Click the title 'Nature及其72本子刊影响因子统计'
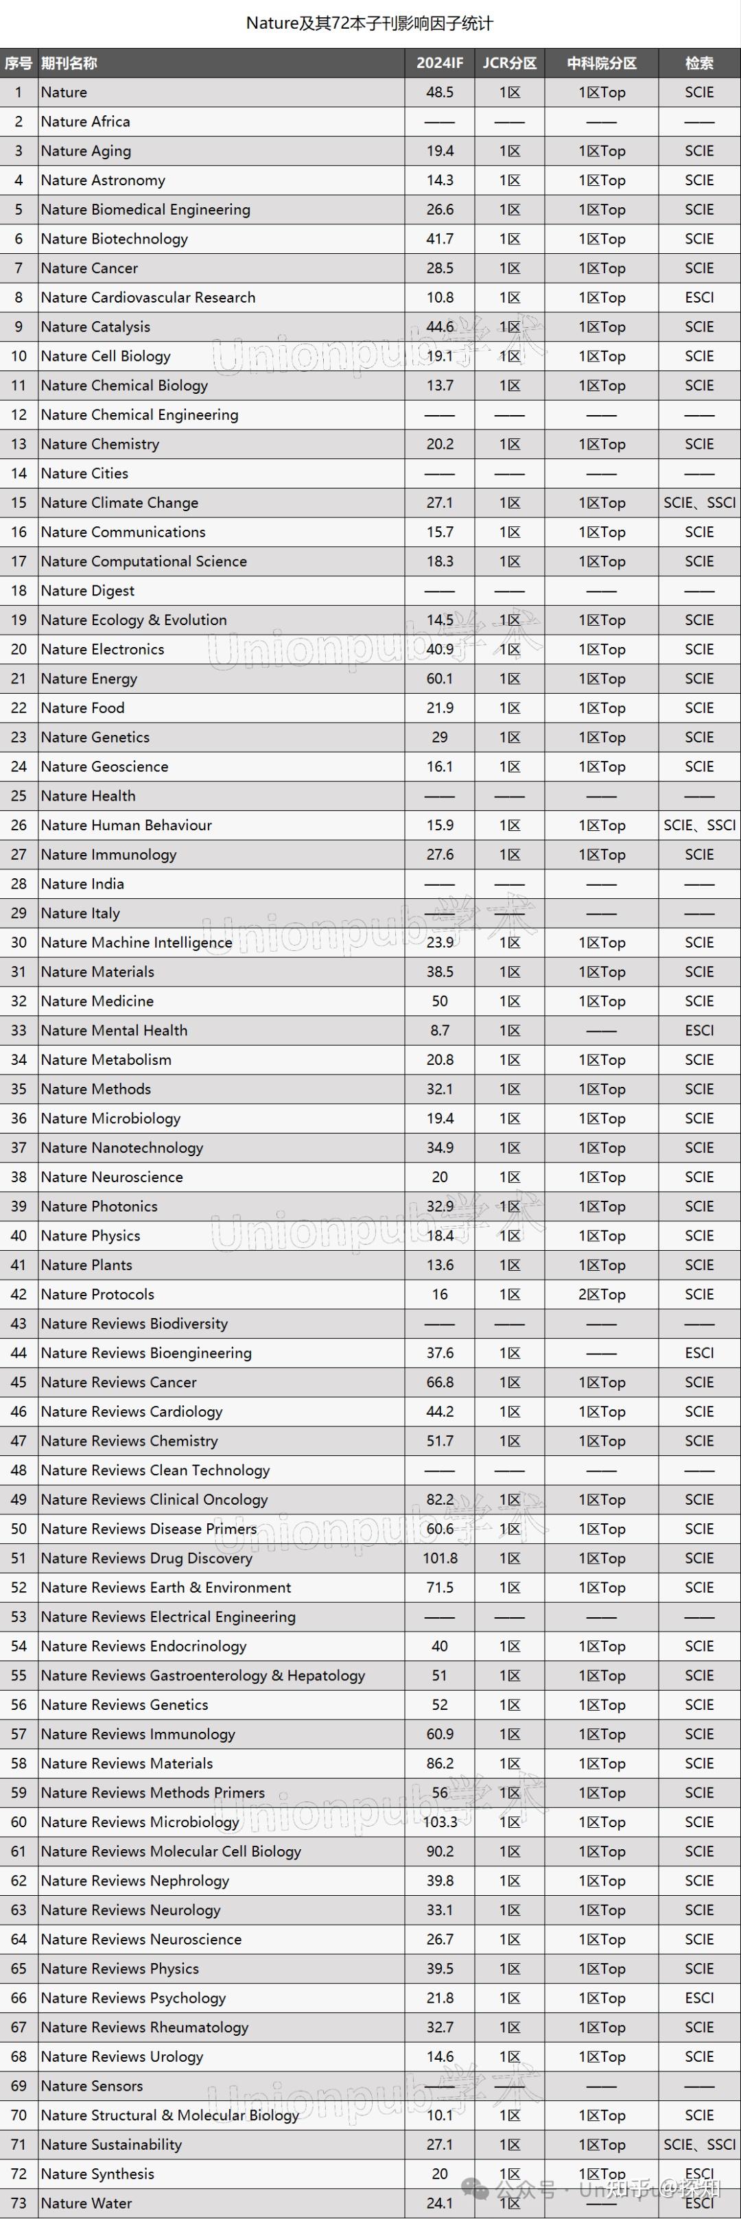pos(370,23)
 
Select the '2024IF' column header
pos(439,63)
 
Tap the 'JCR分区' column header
pos(509,63)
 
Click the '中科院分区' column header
pos(602,63)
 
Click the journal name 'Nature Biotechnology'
pos(114,239)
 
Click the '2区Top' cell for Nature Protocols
pos(602,1294)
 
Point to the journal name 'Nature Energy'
pos(89,679)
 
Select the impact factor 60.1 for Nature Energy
pos(439,679)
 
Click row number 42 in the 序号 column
pos(19,1294)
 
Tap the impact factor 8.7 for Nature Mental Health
pos(439,1031)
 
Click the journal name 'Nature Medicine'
pos(97,1001)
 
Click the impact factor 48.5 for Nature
pos(439,92)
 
